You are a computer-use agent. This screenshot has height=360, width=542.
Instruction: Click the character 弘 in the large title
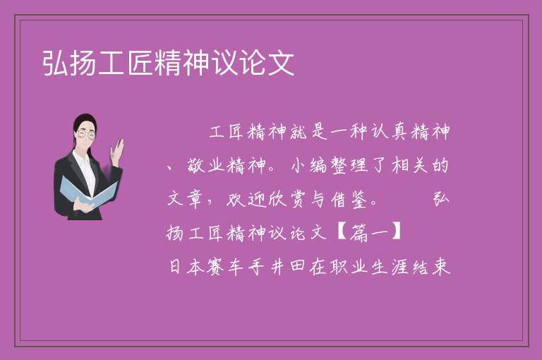click(x=56, y=63)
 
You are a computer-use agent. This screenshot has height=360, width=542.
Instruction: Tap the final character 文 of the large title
click(x=282, y=63)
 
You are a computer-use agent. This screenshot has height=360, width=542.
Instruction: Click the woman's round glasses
click(x=85, y=134)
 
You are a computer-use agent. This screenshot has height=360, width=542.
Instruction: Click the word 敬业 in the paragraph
click(x=207, y=165)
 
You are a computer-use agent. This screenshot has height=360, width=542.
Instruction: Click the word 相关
click(x=409, y=165)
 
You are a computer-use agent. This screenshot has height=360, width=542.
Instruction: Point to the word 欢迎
click(x=247, y=199)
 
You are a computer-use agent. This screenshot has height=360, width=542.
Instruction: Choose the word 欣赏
click(x=288, y=199)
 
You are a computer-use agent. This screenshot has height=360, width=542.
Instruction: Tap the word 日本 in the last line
click(x=186, y=267)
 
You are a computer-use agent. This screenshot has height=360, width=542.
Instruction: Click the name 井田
click(x=288, y=267)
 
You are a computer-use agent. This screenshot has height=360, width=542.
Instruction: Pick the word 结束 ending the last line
click(x=431, y=267)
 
